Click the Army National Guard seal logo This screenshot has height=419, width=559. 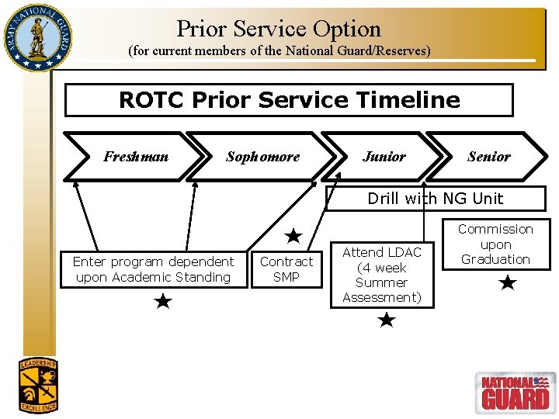[x=36, y=37]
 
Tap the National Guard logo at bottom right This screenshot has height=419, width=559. [x=514, y=392]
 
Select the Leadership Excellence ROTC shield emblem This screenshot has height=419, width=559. [x=38, y=384]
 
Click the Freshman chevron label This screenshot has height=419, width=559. [x=135, y=157]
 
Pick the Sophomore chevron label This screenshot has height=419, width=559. [x=262, y=157]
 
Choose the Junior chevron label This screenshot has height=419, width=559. [x=384, y=157]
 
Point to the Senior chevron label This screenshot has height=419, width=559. [x=488, y=157]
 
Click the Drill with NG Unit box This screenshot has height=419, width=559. [x=435, y=199]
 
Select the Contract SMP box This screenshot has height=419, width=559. [x=286, y=269]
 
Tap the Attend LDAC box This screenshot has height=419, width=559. [x=381, y=275]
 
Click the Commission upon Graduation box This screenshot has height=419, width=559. [x=495, y=244]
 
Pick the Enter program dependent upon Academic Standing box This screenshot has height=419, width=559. [x=153, y=269]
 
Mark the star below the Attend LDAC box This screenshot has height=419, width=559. [x=387, y=320]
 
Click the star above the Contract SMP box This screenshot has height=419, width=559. [x=293, y=235]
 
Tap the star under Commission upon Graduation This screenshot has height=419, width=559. [x=507, y=283]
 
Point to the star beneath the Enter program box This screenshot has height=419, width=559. [x=162, y=301]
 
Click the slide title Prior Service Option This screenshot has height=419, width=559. [x=279, y=29]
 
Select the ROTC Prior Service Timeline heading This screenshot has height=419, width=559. [x=289, y=100]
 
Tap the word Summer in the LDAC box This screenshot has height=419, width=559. [x=381, y=282]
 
